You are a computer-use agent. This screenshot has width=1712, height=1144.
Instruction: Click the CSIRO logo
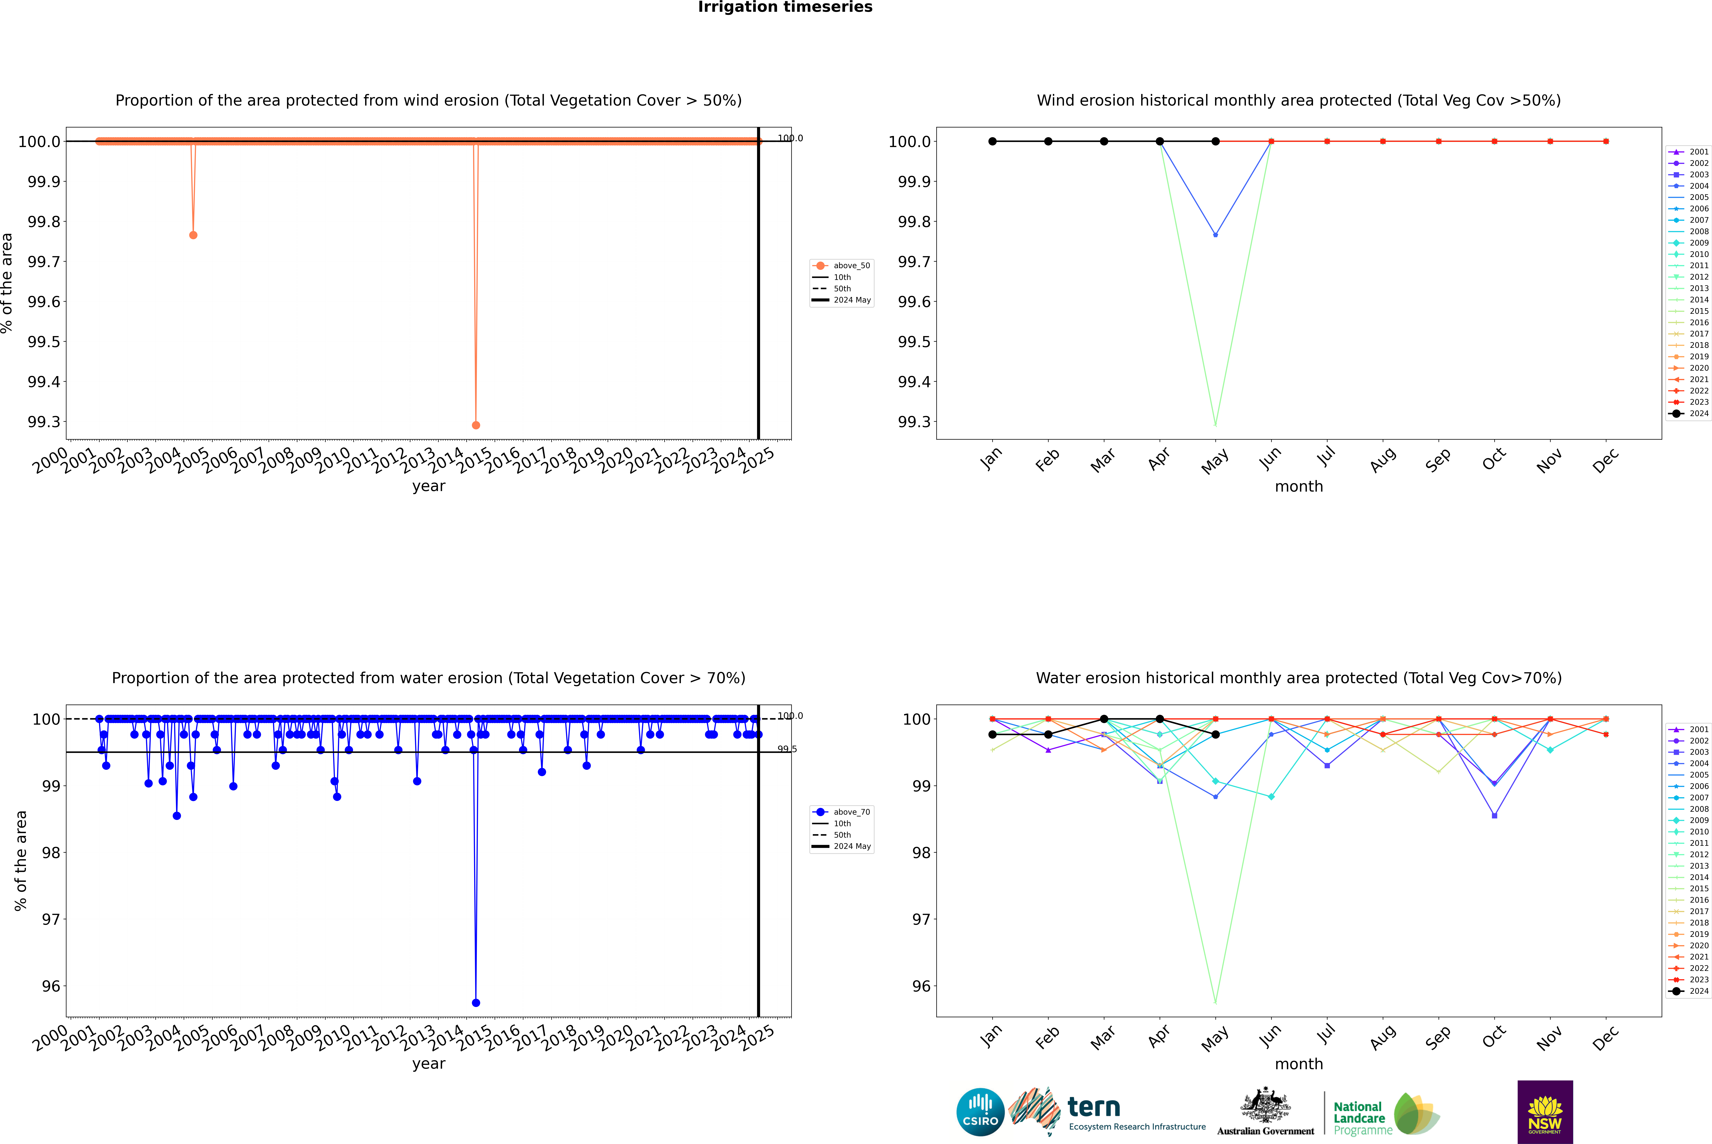click(x=980, y=1112)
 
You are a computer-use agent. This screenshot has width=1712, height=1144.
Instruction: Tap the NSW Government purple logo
click(x=1545, y=1112)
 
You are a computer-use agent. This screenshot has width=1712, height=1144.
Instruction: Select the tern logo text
click(x=1093, y=1108)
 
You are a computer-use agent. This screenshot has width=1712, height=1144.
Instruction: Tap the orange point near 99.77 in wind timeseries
click(x=193, y=235)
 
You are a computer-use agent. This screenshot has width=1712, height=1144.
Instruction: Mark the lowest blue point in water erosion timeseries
click(x=476, y=1002)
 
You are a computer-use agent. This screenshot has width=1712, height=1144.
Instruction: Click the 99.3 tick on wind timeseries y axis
click(x=44, y=422)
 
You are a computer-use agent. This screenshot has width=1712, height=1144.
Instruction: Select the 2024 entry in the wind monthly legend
click(x=1698, y=414)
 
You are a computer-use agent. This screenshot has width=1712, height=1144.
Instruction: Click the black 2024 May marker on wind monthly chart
click(x=1215, y=142)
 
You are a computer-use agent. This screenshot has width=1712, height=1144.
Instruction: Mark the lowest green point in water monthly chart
click(x=1215, y=1002)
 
